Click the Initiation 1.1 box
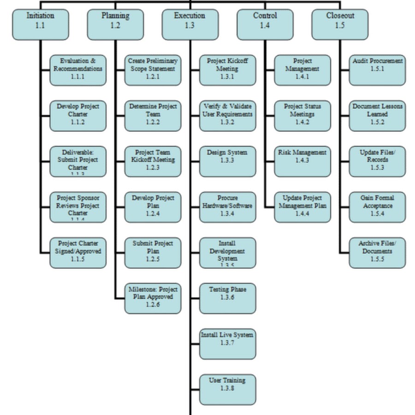41,24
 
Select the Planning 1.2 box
115,24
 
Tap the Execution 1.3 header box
190,24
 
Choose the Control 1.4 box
265,24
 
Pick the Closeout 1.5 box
340,24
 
